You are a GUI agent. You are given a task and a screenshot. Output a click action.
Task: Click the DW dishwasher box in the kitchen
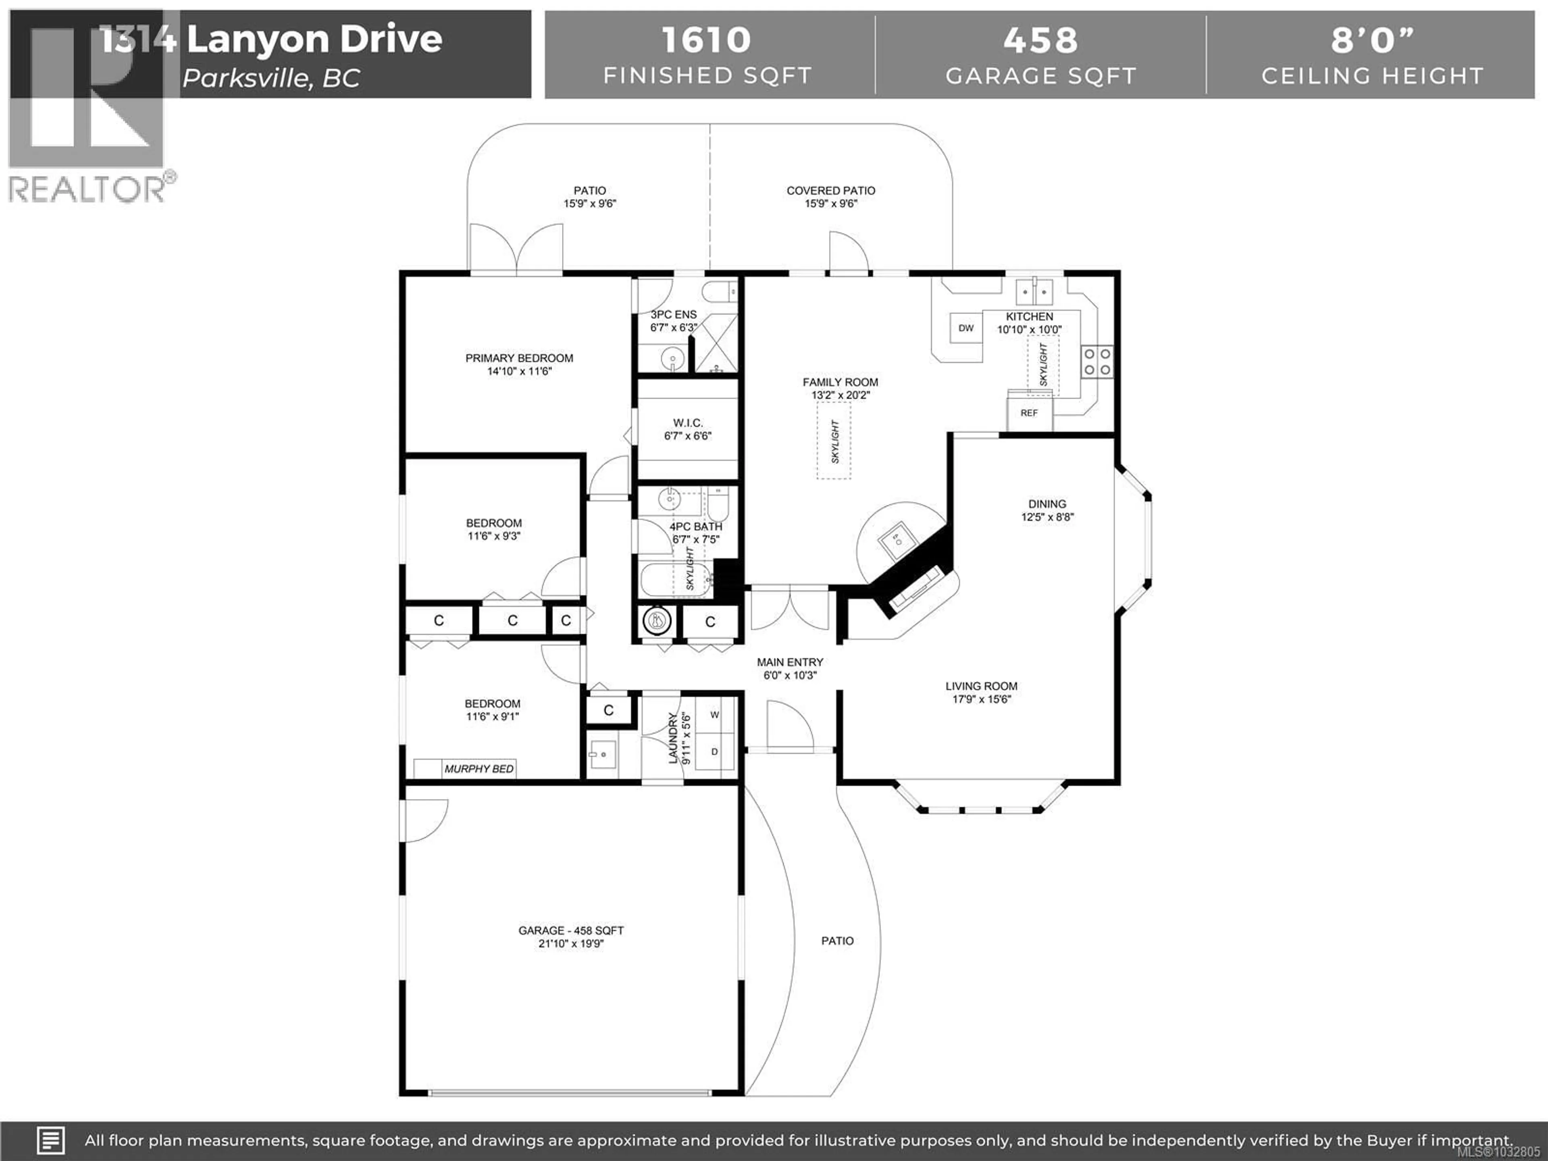966,328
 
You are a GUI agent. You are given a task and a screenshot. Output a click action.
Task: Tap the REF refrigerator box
1029,413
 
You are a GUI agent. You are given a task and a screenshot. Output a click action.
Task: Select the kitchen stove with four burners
1096,362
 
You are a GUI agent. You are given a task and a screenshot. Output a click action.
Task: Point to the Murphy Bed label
479,768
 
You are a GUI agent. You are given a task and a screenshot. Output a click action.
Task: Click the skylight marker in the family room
834,441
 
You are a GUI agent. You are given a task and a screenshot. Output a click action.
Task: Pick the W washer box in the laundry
714,714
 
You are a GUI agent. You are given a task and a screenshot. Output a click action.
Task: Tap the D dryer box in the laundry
714,751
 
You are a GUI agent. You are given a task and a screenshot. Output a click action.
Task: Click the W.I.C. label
687,423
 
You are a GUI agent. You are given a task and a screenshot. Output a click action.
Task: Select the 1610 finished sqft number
706,40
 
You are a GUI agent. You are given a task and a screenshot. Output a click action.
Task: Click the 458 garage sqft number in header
1040,40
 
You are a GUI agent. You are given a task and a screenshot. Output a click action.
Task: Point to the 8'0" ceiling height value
1372,40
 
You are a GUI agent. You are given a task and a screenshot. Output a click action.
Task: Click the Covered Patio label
831,190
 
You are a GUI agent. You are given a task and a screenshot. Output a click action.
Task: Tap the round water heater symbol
656,620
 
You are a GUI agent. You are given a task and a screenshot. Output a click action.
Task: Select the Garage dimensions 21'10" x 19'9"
571,943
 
